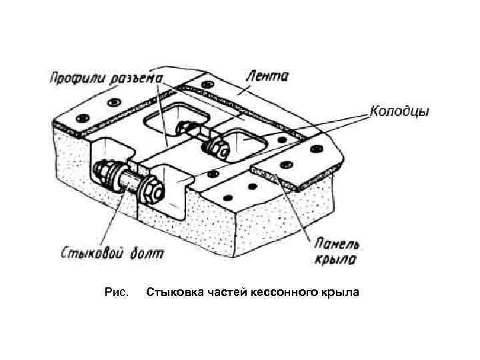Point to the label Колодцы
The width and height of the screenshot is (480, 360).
tap(399, 111)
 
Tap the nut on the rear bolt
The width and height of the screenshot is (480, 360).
tap(215, 145)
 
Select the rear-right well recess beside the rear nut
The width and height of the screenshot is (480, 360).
tap(247, 143)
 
